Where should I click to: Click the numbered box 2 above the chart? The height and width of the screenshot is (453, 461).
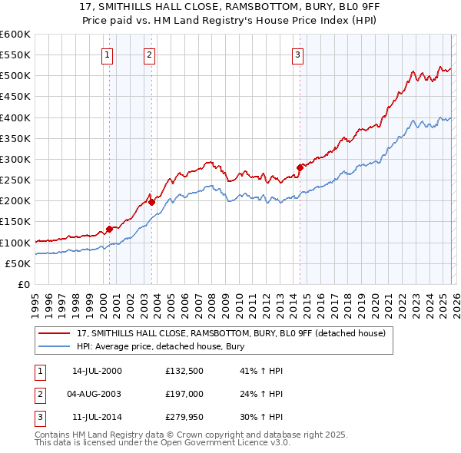click(148, 55)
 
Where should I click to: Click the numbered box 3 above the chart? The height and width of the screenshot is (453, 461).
click(297, 55)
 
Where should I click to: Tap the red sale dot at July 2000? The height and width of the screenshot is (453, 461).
click(109, 229)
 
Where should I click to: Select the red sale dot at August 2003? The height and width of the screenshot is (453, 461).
click(151, 202)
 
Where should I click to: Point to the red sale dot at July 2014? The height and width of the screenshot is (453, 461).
click(300, 167)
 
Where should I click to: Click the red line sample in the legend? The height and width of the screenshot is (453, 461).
click(55, 333)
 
